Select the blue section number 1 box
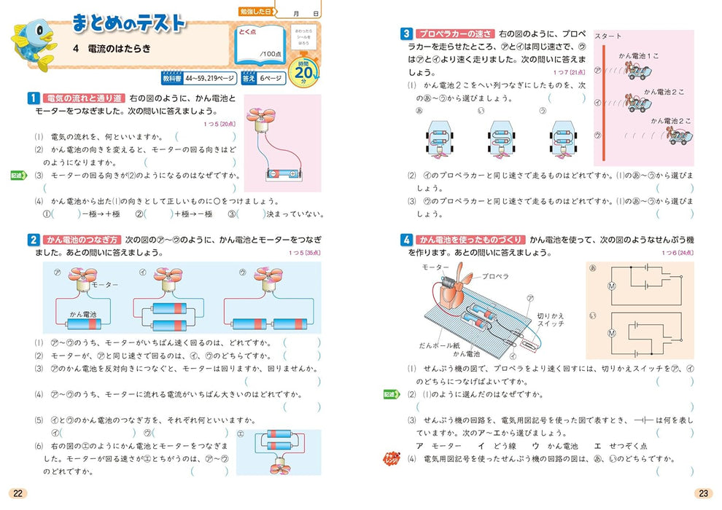pyautogui.click(x=33, y=98)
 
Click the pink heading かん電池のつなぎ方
pyautogui.click(x=82, y=240)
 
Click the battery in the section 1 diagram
pyautogui.click(x=282, y=173)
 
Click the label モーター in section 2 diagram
pyautogui.click(x=104, y=285)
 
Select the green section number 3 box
pyautogui.click(x=406, y=34)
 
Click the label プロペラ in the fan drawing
pyautogui.click(x=496, y=276)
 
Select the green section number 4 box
pyautogui.click(x=406, y=240)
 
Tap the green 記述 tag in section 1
pyautogui.click(x=19, y=176)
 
